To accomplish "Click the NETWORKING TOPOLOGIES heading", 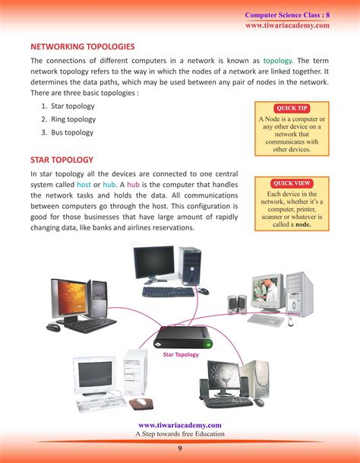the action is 83,46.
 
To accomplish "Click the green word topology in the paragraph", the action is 277,61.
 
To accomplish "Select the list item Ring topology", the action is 73,119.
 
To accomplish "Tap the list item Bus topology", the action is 72,132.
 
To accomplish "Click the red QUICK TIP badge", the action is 292,108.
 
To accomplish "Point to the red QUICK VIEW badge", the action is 292,183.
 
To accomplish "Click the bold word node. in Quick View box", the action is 303,224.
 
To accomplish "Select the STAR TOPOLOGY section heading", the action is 62,160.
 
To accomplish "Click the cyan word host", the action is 84,185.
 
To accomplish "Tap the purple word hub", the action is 133,185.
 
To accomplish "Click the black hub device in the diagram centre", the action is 183,338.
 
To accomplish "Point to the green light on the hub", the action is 209,344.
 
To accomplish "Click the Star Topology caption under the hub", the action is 181,354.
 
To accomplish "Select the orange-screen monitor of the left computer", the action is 70,299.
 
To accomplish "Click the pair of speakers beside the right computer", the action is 237,305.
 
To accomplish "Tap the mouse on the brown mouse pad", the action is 141,401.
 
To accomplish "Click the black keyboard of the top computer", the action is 168,292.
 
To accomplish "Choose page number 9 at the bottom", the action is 180,449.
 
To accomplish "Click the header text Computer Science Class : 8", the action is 287,15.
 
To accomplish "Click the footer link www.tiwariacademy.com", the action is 180,425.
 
